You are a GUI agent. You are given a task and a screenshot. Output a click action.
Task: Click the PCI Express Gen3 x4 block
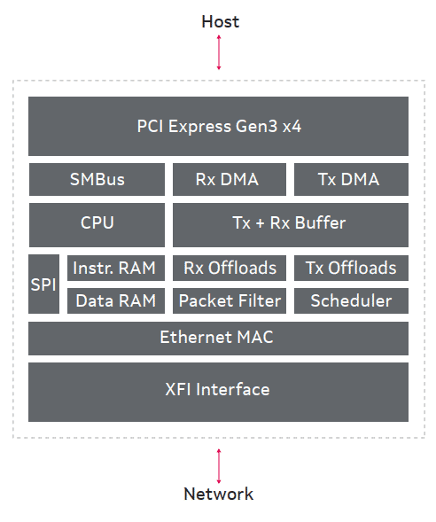[218, 126]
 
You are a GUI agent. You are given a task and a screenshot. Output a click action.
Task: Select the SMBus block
[97, 179]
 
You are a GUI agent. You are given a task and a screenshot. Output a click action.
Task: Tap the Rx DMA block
[230, 179]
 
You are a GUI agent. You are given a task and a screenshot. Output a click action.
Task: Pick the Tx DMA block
[351, 179]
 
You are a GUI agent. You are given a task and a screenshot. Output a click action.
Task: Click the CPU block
[97, 225]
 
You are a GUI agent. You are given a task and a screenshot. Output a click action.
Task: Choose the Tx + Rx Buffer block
[291, 225]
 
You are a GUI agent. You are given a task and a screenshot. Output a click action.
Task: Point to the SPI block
[43, 284]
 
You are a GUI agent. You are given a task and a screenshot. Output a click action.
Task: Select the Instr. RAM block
[116, 268]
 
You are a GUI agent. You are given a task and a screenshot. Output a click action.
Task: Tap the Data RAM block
[116, 301]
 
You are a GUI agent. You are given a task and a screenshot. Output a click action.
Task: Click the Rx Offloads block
[230, 268]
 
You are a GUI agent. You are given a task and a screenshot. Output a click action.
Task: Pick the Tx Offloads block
[351, 268]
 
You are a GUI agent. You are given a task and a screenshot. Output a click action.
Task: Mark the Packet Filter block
[230, 301]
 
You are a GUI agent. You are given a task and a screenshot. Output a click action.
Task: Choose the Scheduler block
[351, 301]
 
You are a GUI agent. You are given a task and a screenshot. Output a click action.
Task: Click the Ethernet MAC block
[218, 339]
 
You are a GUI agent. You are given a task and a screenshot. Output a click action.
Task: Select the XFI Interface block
[218, 393]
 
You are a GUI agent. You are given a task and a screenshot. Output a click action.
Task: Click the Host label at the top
[221, 21]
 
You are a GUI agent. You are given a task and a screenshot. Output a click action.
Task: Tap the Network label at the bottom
[218, 494]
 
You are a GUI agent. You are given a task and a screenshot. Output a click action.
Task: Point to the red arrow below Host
[219, 52]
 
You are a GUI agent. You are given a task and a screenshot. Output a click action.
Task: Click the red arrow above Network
[219, 466]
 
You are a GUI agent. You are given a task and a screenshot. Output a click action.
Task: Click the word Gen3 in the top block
[256, 127]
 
